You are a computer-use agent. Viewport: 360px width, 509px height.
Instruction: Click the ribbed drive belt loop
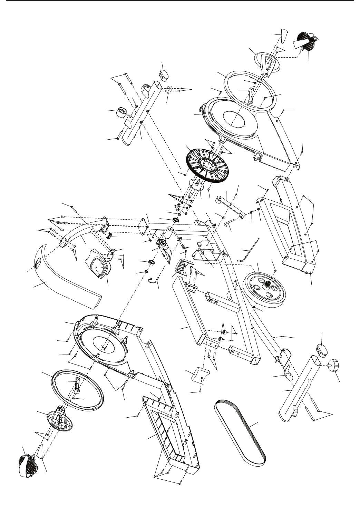pyautogui.click(x=242, y=426)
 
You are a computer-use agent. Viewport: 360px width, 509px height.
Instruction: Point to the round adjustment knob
pyautogui.click(x=334, y=365)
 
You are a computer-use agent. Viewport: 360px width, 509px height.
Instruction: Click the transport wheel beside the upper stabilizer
pyautogui.click(x=121, y=113)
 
